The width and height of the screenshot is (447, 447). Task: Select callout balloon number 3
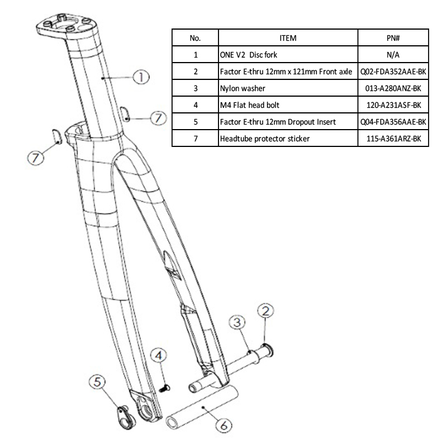click(237, 323)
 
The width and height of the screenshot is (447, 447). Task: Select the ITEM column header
click(288, 38)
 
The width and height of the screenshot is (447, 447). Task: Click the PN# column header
click(393, 38)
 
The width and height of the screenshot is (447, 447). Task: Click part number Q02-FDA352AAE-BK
click(393, 72)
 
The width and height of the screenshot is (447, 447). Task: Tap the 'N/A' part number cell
click(393, 55)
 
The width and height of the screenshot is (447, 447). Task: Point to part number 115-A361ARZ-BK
click(393, 139)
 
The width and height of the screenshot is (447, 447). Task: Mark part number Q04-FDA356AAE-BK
click(393, 122)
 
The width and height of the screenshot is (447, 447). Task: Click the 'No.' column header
click(195, 38)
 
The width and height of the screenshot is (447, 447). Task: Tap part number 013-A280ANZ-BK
click(393, 88)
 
